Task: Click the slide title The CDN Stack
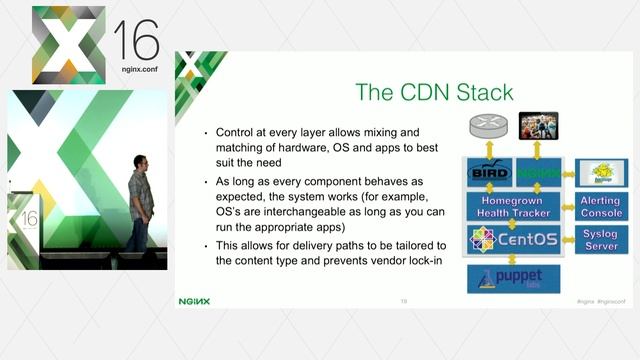click(x=434, y=93)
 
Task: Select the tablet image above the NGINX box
click(x=538, y=126)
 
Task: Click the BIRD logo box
click(x=489, y=172)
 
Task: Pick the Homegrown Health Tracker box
click(x=513, y=206)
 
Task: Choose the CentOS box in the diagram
click(x=513, y=241)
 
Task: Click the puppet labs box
click(x=513, y=278)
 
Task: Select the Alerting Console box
click(x=601, y=207)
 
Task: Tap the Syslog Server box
click(x=601, y=241)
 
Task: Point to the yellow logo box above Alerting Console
click(x=601, y=172)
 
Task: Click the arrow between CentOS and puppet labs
click(x=513, y=259)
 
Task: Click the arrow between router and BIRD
click(x=488, y=149)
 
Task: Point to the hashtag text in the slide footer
click(x=600, y=300)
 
